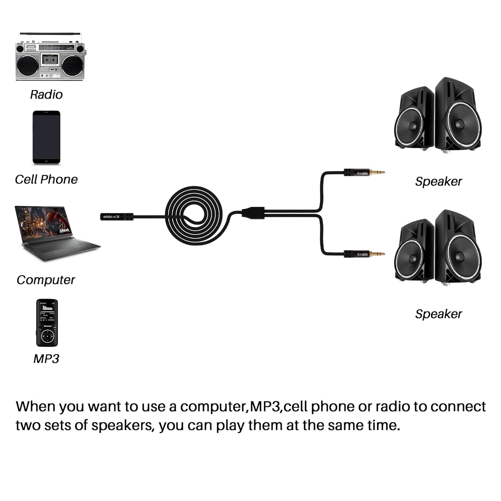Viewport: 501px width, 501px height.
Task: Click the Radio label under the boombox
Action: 46,95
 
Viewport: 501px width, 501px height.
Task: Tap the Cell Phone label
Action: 46,179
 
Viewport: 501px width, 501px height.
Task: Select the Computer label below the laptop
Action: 46,280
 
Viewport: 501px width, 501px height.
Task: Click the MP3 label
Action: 46,359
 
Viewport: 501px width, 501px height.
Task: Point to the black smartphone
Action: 46,137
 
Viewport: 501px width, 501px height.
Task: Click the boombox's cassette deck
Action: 50,60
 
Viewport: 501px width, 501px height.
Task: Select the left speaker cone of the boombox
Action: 28,65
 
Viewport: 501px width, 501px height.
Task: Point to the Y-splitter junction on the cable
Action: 253,212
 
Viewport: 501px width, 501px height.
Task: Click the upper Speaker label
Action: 438,181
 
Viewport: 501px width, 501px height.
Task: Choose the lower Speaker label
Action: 438,314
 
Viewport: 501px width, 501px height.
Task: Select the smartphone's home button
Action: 46,161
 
